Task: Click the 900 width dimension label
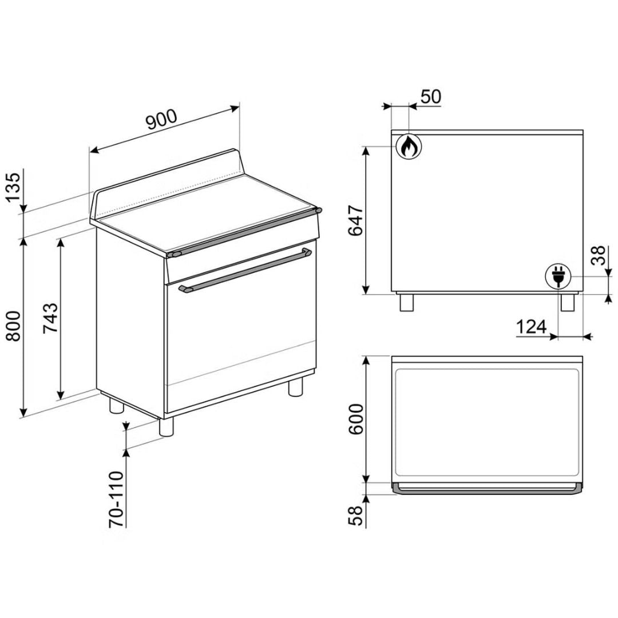pyautogui.click(x=161, y=120)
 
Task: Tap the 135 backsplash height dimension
pyautogui.click(x=13, y=187)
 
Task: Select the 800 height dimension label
pyautogui.click(x=13, y=326)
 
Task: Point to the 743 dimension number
pyautogui.click(x=50, y=318)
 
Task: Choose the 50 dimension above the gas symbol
pyautogui.click(x=431, y=97)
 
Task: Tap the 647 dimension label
pyautogui.click(x=356, y=220)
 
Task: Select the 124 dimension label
pyautogui.click(x=532, y=327)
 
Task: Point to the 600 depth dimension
pyautogui.click(x=356, y=419)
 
